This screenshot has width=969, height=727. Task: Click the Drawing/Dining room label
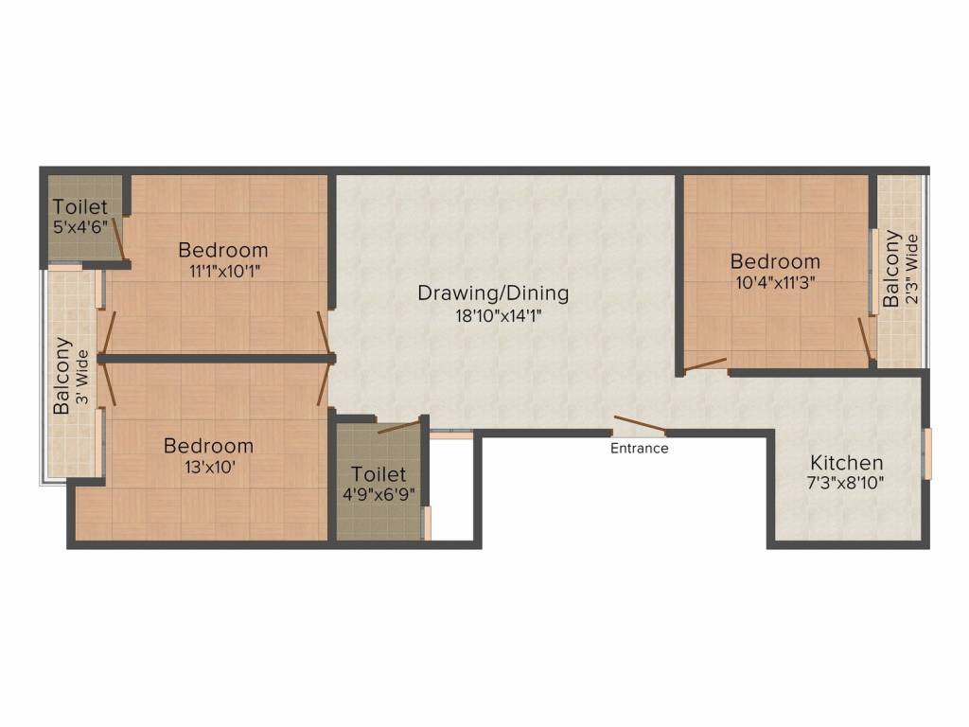tap(493, 293)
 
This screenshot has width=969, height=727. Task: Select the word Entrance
tap(639, 449)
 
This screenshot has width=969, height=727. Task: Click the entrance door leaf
tap(640, 425)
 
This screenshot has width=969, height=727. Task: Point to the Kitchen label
tap(846, 463)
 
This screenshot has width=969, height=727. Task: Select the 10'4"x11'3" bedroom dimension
tap(774, 281)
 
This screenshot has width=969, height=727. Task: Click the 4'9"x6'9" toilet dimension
tap(379, 494)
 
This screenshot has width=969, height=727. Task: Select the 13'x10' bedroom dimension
tap(208, 467)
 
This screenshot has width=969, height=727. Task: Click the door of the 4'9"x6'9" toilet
tap(398, 427)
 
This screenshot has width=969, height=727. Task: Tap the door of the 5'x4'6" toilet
tap(118, 238)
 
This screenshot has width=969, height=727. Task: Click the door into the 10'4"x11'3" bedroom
tap(706, 363)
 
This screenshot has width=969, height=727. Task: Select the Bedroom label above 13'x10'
tap(208, 445)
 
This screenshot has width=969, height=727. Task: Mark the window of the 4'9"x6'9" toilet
tap(427, 523)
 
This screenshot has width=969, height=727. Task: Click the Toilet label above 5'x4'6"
tap(79, 206)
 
